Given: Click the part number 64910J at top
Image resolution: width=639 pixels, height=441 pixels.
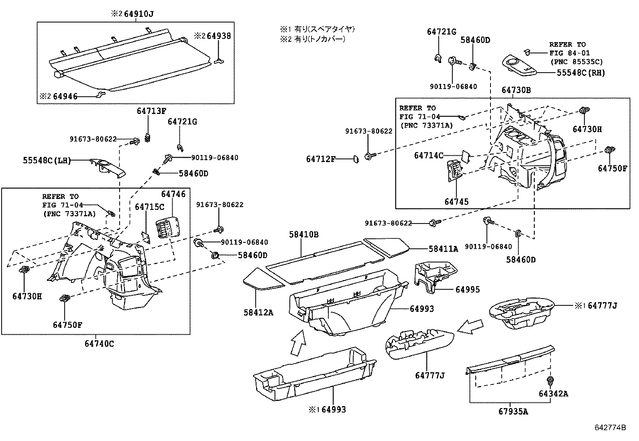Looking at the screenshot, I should coord(138,14).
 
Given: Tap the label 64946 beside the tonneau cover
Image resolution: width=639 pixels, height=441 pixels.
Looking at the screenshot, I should coord(65,96).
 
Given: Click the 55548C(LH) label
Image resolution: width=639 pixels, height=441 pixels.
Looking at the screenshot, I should coord(46,161).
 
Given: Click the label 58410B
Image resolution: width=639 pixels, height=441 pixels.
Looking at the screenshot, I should coord(304,234).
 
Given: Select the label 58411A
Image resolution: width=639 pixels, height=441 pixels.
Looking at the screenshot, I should coord(443,249).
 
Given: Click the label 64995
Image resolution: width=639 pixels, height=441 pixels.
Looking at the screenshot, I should coord(467,289).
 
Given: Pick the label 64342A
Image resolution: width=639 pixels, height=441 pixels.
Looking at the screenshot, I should coord(553,393).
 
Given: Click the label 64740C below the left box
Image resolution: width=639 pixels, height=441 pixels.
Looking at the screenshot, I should coord(99,343).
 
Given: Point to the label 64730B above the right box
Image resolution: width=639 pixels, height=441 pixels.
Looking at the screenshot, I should coord(516,90).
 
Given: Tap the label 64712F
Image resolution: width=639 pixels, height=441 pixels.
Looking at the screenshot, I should coord(320,159).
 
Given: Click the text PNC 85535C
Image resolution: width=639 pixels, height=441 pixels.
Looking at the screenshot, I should coord(576,62).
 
